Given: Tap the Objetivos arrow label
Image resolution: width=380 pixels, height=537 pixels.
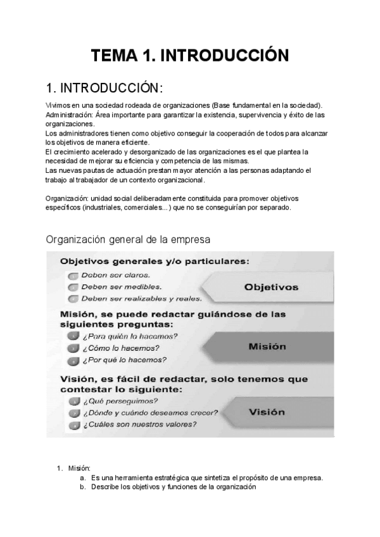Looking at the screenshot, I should (x=271, y=287).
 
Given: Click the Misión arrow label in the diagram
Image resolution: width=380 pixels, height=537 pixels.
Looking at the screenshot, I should (x=267, y=346).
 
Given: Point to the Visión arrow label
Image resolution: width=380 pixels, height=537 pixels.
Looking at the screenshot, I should (x=267, y=412).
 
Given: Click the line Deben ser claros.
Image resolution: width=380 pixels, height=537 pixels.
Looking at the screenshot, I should (x=116, y=275).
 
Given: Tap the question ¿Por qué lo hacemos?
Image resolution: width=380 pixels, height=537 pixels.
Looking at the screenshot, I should (x=124, y=360).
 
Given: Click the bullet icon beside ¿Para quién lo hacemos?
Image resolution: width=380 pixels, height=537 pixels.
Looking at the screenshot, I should (x=73, y=336).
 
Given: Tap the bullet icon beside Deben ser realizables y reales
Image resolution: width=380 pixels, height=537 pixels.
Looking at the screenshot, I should (x=73, y=299).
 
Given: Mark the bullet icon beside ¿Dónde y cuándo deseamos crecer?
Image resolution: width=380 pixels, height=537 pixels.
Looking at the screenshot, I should (x=73, y=413).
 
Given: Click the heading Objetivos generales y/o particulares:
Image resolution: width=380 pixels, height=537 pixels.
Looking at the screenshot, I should (x=154, y=261).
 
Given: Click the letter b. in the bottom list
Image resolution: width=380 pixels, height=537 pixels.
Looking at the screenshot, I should (x=83, y=487).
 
